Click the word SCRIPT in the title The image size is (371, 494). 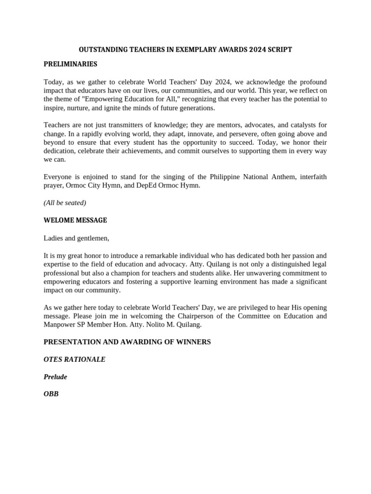tap(280, 50)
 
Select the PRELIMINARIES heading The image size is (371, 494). tap(71, 64)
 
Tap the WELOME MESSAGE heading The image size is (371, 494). tap(75, 220)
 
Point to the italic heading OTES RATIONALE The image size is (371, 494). tap(74, 359)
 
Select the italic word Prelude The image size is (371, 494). tap(56, 377)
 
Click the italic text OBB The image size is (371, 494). tap(51, 394)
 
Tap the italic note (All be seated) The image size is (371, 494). tap(65, 203)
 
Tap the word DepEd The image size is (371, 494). tap(140, 185)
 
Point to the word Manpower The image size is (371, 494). tap(59, 325)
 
